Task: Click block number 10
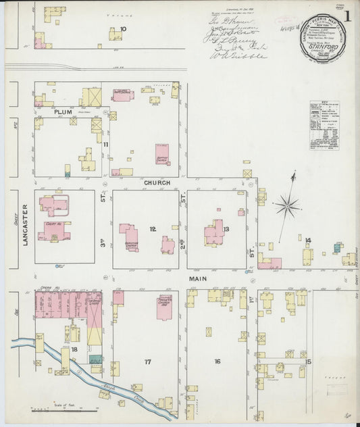(123, 28)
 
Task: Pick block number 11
(105, 144)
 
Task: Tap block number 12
(153, 229)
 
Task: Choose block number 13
(226, 229)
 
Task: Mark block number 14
(307, 240)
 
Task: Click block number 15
(308, 361)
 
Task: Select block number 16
(217, 361)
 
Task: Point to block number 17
(147, 362)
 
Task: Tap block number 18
(74, 349)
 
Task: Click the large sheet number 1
(347, 15)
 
